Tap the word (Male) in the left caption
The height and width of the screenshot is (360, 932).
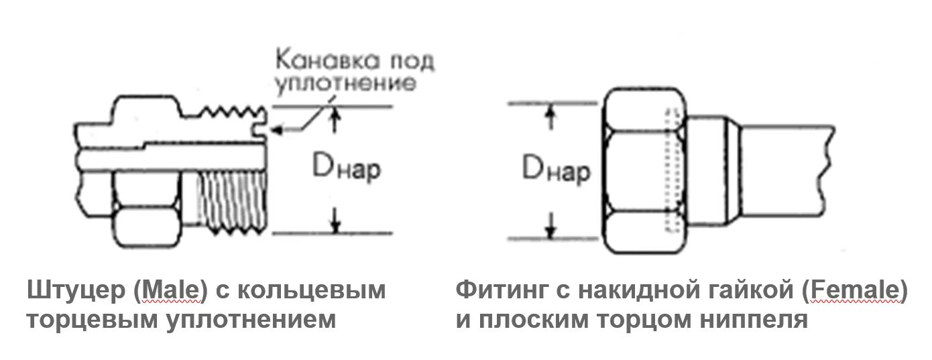point(172,290)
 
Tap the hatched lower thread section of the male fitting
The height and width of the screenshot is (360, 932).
point(235,198)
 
